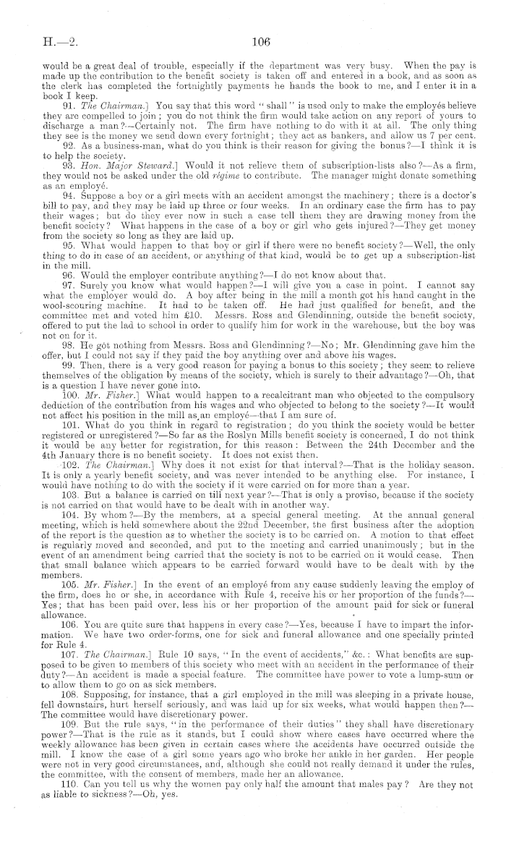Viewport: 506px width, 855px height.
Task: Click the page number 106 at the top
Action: click(262, 42)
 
